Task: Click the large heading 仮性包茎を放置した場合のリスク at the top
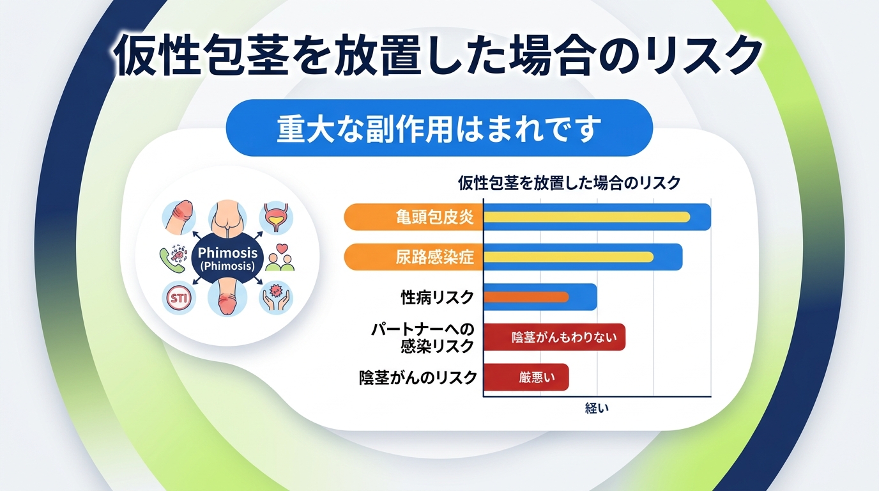438,56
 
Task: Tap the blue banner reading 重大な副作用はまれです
439,129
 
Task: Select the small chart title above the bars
569,183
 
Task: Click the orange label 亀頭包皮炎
434,217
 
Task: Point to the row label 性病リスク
437,297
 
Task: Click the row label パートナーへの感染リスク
423,338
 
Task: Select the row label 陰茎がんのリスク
418,377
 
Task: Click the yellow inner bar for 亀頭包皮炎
586,217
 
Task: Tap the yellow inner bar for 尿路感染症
569,257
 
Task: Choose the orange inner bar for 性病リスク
526,297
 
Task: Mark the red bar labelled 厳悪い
526,377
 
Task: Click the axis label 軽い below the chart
597,409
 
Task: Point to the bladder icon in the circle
275,217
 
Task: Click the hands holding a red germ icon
276,297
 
